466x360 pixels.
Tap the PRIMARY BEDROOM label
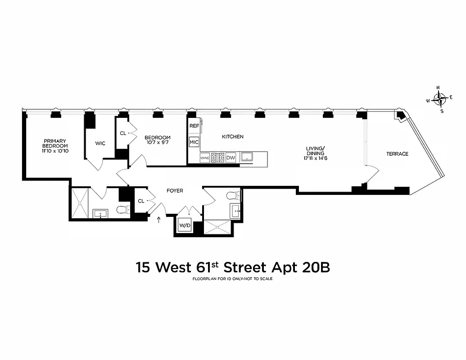tap(55, 143)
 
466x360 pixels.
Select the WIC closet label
tap(100, 143)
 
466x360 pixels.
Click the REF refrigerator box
tap(194, 126)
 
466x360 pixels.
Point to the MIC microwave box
tap(194, 143)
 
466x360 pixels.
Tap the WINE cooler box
tap(205, 157)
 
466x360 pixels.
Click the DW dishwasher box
tap(231, 157)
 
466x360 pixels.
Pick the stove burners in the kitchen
tap(218, 157)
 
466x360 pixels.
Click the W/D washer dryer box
tap(185, 225)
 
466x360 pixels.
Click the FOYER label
tap(175, 191)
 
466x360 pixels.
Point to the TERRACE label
tap(397, 154)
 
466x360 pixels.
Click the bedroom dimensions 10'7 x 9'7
tap(157, 143)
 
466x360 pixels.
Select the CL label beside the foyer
tap(141, 201)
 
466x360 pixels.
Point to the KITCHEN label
tap(232, 136)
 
